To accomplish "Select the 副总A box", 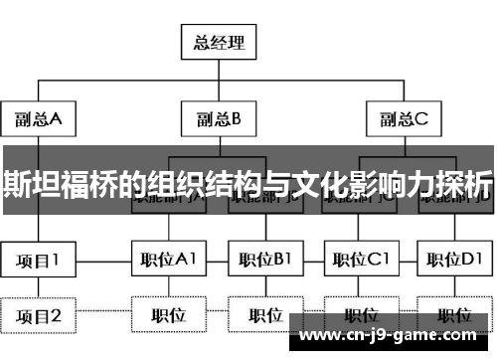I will tap(38, 119).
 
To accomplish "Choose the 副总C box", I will tap(403, 119).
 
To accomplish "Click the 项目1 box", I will tap(38, 261).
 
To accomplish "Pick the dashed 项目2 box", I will tap(38, 315).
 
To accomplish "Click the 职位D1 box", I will tap(454, 261).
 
